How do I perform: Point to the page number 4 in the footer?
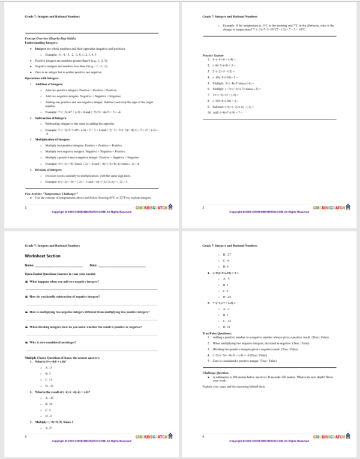point(203,436)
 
